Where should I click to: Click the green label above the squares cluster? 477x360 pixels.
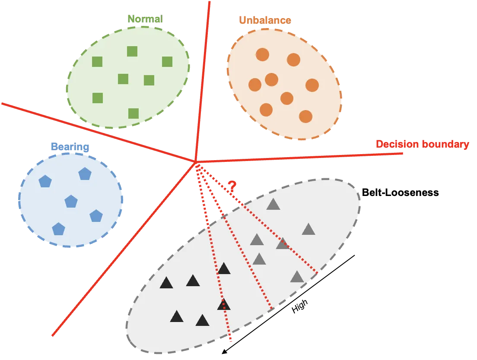pyautogui.click(x=145, y=19)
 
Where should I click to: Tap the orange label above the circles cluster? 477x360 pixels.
pyautogui.click(x=265, y=20)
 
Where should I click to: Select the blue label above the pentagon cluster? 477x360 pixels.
pyautogui.click(x=70, y=147)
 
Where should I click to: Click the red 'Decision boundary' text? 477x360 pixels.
pyautogui.click(x=422, y=144)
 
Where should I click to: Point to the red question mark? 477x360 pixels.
pyautogui.click(x=232, y=186)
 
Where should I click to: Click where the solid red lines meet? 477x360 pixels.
pyautogui.click(x=195, y=162)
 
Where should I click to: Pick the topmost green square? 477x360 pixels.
pyautogui.click(x=132, y=51)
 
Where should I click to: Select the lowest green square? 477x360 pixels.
pyautogui.click(x=134, y=113)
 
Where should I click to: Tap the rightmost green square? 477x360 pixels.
pyautogui.click(x=167, y=62)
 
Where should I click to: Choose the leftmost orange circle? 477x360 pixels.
pyautogui.click(x=255, y=85)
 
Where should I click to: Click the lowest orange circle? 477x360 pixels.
pyautogui.click(x=305, y=117)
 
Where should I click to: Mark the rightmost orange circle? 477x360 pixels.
pyautogui.click(x=312, y=85)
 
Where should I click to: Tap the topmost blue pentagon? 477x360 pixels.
pyautogui.click(x=85, y=174)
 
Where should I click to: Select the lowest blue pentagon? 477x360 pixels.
pyautogui.click(x=58, y=229)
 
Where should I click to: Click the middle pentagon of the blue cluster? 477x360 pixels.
pyautogui.click(x=71, y=201)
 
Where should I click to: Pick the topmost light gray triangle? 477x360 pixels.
pyautogui.click(x=273, y=204)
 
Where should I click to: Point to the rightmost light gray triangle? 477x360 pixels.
pyautogui.click(x=308, y=229)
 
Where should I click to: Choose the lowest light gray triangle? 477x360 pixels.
pyautogui.click(x=297, y=277)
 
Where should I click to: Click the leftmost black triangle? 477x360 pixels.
pyautogui.click(x=166, y=283)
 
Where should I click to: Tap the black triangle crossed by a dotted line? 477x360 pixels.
pyautogui.click(x=223, y=304)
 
